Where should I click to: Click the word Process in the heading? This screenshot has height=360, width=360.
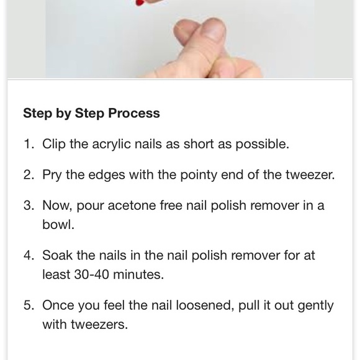[134, 113]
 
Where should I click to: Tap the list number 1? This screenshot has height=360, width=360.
[29, 144]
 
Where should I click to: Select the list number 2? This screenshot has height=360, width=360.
[29, 174]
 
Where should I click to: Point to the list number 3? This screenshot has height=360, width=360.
[29, 205]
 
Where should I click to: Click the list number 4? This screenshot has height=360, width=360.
[29, 255]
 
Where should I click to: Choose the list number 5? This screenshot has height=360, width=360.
[29, 305]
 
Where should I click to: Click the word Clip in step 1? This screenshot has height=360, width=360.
[54, 145]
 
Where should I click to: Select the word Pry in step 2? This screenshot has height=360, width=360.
[52, 176]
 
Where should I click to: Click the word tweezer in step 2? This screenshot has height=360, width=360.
[308, 174]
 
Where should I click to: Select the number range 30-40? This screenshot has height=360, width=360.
[92, 274]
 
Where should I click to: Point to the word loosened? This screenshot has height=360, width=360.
[203, 305]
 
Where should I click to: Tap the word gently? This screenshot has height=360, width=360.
[316, 306]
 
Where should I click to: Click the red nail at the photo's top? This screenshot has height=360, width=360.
[140, 2]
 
